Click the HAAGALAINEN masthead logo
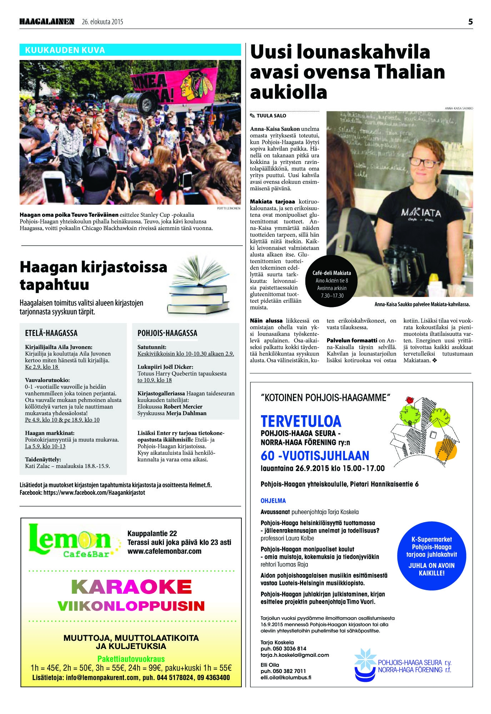point(47,22)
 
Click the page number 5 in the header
point(470,22)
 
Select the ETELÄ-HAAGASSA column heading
point(51,333)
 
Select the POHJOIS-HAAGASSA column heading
point(167,333)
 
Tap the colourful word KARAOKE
point(131,587)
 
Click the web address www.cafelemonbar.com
point(164,551)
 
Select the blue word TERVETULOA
point(301,422)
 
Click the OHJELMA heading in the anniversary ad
point(273,501)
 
